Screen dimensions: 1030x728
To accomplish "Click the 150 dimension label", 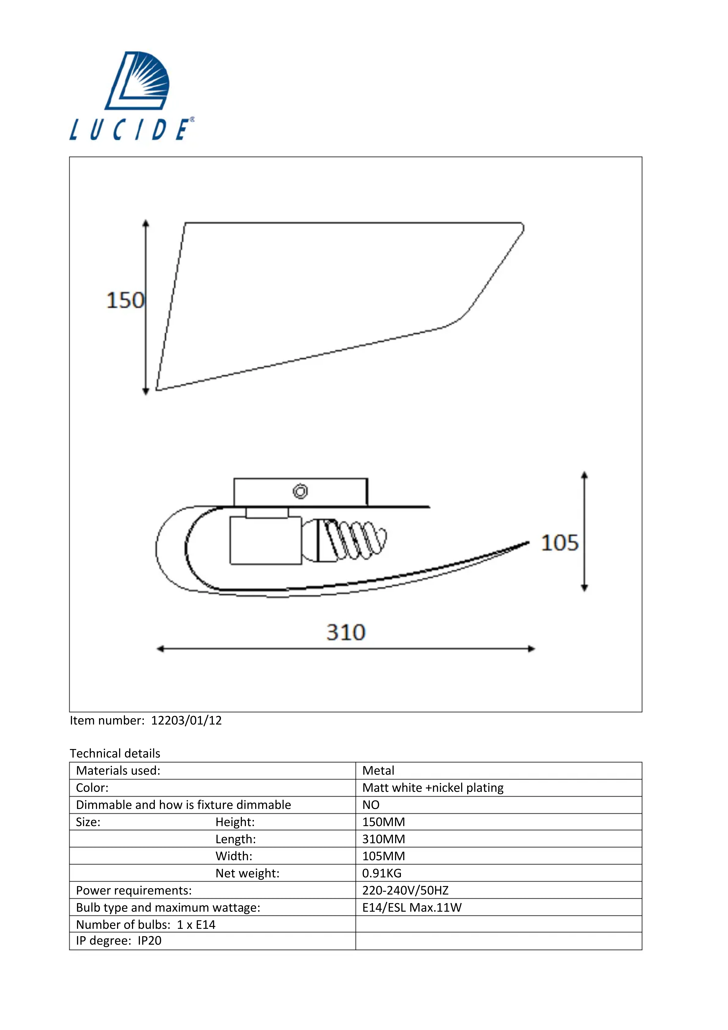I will coord(125,301).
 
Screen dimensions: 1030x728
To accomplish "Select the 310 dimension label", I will coord(346,633).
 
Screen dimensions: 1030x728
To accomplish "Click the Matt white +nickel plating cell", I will coord(433,788).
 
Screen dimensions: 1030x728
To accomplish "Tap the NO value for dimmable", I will coord(371,805).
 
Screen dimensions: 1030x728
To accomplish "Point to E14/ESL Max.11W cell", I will coord(412,908).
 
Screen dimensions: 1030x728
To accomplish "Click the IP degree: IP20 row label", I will coord(119,941).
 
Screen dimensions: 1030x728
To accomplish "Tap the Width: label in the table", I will coord(234,856).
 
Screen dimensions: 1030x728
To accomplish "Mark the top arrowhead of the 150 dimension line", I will coord(146,223).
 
